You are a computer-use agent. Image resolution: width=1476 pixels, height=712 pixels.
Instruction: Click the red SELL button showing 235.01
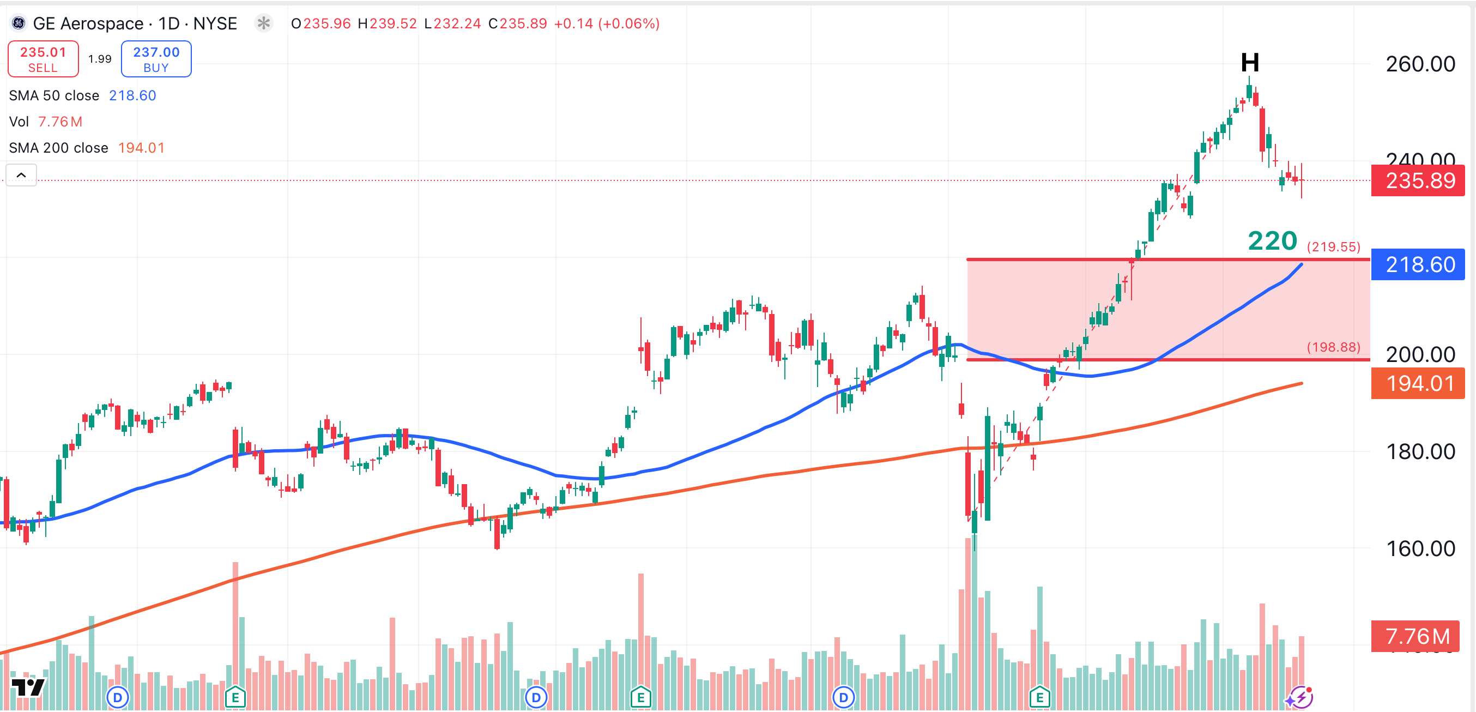point(43,58)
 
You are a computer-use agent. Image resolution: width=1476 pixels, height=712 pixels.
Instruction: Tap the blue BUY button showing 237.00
point(156,58)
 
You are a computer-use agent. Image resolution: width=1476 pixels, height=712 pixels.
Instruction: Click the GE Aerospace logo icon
point(19,23)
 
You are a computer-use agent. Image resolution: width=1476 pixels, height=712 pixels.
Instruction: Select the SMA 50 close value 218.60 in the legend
point(132,95)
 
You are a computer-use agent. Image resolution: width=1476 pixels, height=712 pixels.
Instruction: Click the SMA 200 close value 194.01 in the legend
point(141,148)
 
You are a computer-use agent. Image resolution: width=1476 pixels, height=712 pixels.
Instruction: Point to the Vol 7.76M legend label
point(46,122)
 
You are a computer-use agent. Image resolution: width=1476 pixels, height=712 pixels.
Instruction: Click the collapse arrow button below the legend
point(21,175)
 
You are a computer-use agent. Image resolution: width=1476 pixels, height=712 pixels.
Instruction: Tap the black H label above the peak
point(1250,62)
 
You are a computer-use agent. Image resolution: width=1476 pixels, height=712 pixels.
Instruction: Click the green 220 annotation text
point(1272,241)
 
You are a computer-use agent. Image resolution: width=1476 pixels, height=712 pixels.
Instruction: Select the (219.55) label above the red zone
point(1333,247)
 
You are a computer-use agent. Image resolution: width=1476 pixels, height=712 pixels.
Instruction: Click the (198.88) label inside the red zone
point(1333,347)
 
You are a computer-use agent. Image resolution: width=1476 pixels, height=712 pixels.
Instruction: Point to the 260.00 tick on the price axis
point(1420,64)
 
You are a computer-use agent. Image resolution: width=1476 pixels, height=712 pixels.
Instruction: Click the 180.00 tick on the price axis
point(1420,452)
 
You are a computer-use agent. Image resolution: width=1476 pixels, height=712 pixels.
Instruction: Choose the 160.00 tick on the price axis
point(1420,548)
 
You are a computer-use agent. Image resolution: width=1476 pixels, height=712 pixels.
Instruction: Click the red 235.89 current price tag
point(1418,180)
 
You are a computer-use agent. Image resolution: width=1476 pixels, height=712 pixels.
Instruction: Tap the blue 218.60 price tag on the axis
point(1418,264)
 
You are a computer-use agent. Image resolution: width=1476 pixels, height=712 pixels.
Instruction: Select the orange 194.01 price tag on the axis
point(1418,383)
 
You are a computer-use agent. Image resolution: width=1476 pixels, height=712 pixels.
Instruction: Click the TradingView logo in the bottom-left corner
point(27,687)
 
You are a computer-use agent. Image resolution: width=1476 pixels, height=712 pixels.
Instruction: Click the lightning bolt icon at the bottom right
point(1300,698)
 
